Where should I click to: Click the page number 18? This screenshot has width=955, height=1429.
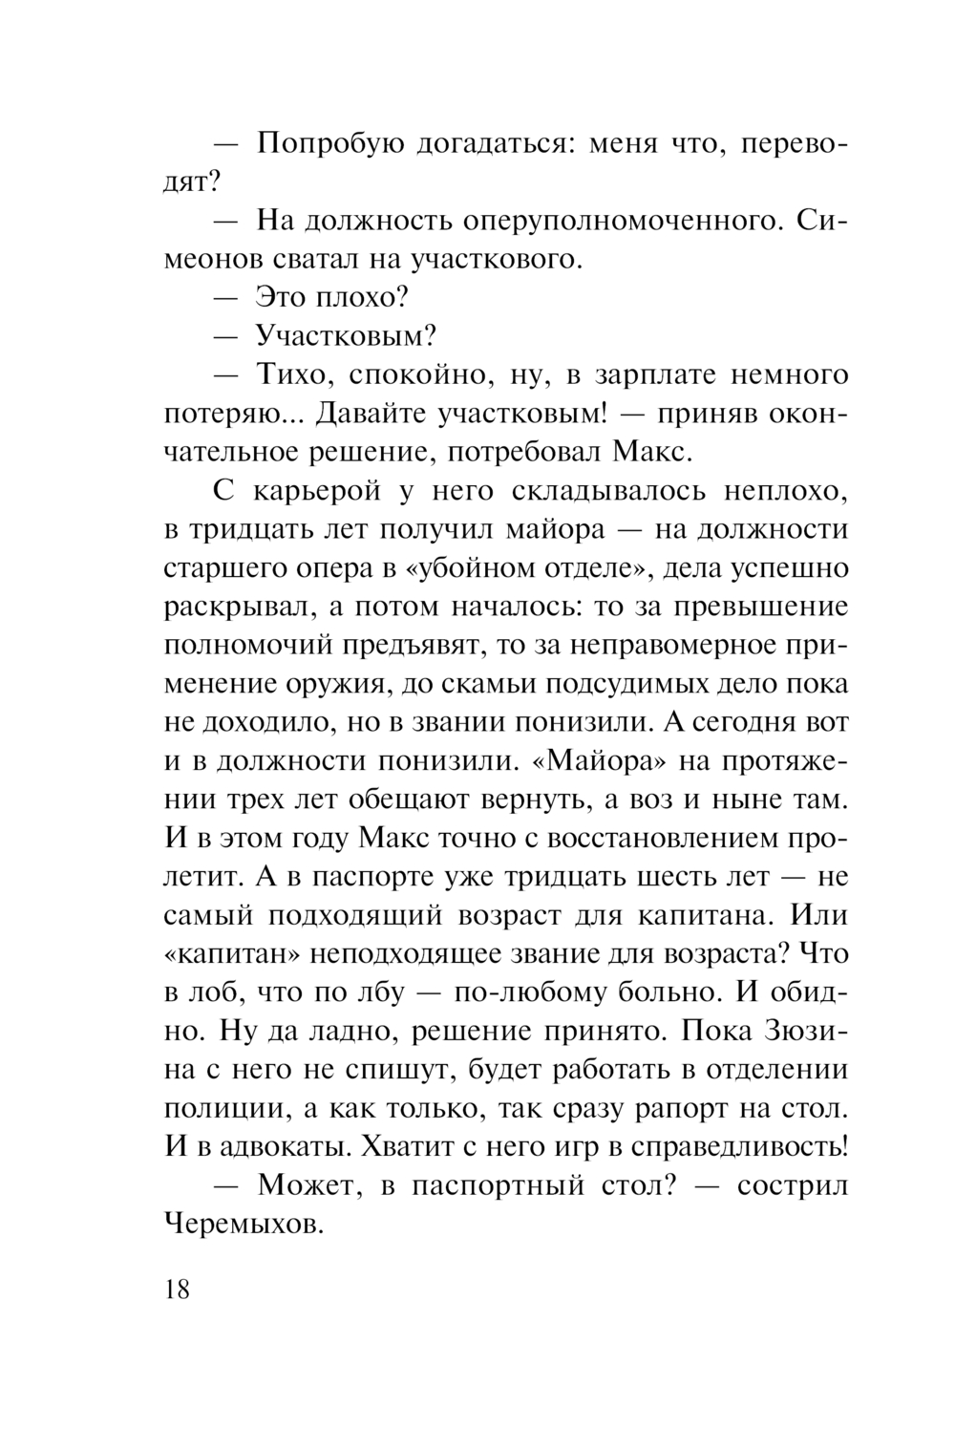coord(178,1289)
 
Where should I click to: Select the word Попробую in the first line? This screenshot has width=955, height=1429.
coord(322,144)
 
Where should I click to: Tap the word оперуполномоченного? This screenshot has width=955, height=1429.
coord(624,221)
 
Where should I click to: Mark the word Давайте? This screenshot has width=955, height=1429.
coord(374,413)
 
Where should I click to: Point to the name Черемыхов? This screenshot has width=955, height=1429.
coord(244,1225)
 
